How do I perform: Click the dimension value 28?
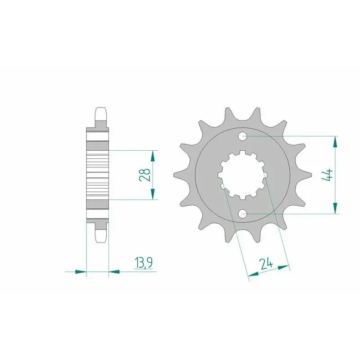pyautogui.click(x=144, y=175)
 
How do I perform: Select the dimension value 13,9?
pyautogui.click(x=144, y=263)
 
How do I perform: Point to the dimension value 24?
pyautogui.click(x=265, y=264)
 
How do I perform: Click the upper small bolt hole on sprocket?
pyautogui.click(x=243, y=137)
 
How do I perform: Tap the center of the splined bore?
pyautogui.click(x=243, y=175)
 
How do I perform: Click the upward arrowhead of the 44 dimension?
pyautogui.click(x=335, y=142)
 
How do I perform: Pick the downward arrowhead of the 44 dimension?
pyautogui.click(x=335, y=208)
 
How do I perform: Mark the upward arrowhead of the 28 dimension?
pyautogui.click(x=153, y=156)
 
